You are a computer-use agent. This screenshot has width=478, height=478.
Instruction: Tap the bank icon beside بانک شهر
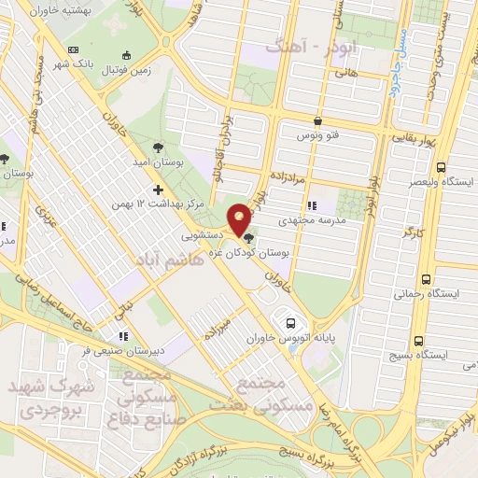pyautogui.click(x=75, y=49)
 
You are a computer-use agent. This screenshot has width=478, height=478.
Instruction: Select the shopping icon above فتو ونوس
pyautogui.click(x=319, y=120)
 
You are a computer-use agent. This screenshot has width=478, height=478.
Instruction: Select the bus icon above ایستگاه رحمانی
pyautogui.click(x=427, y=279)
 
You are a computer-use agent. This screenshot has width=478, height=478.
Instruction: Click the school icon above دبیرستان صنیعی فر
pyautogui.click(x=121, y=336)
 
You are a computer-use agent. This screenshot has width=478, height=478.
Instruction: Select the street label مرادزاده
pyautogui.click(x=302, y=175)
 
